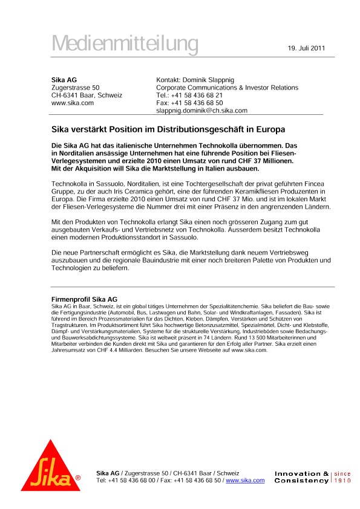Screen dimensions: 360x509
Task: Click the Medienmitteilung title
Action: click(x=125, y=44)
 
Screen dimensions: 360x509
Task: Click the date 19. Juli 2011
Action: click(x=306, y=48)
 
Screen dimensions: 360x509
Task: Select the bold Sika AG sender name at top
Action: click(x=64, y=79)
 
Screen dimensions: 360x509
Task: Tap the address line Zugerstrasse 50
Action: click(x=76, y=88)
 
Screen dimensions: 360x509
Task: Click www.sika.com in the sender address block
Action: click(x=73, y=103)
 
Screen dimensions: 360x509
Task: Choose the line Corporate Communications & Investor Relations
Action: click(x=227, y=88)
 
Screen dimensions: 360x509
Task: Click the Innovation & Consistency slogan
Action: click(x=301, y=477)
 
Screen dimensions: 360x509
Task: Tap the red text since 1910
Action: click(x=343, y=477)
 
